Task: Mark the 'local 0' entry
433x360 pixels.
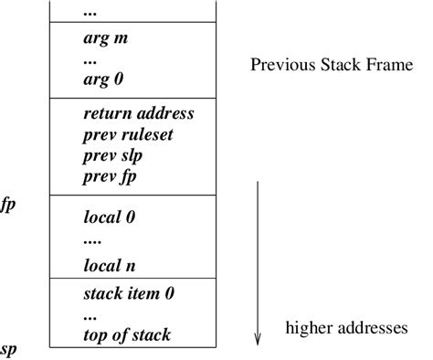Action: (x=109, y=218)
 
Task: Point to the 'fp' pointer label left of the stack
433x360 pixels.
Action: (x=8, y=206)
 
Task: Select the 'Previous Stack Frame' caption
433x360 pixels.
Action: (x=333, y=66)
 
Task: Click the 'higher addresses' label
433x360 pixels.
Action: (x=346, y=328)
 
